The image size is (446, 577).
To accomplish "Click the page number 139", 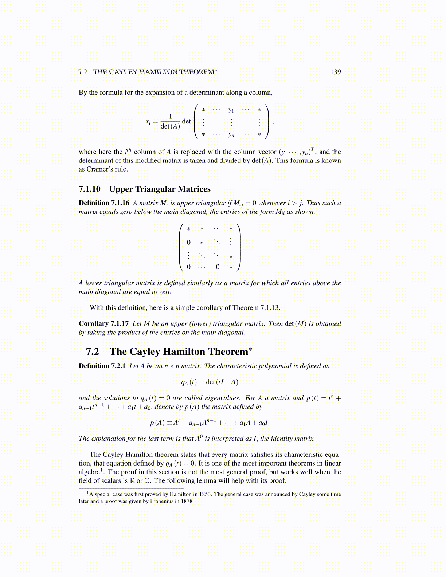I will tap(335, 72).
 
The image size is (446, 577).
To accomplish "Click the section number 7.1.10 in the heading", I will tap(90, 189).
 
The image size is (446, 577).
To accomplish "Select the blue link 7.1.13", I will tap(270, 308).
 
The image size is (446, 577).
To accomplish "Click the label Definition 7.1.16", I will tap(104, 203).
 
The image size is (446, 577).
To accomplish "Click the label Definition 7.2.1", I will tap(102, 366).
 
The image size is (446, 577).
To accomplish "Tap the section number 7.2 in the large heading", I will tap(93, 352).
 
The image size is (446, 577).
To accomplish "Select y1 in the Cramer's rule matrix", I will tap(231, 110).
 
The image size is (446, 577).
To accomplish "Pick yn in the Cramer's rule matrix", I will tap(231, 134).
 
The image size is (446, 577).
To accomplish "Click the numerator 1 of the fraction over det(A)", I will tap(170, 117).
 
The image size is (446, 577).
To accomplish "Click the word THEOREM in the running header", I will tap(196, 72).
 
